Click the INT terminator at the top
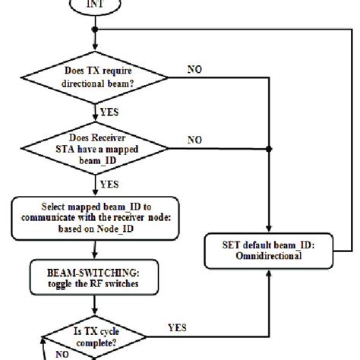94,7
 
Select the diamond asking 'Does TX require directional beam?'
94,77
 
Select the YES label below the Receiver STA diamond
109,184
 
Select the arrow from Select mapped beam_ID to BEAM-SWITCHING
94,249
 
